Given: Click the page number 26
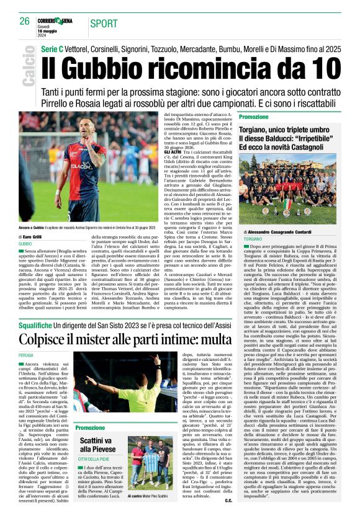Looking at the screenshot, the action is [x=24, y=21].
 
